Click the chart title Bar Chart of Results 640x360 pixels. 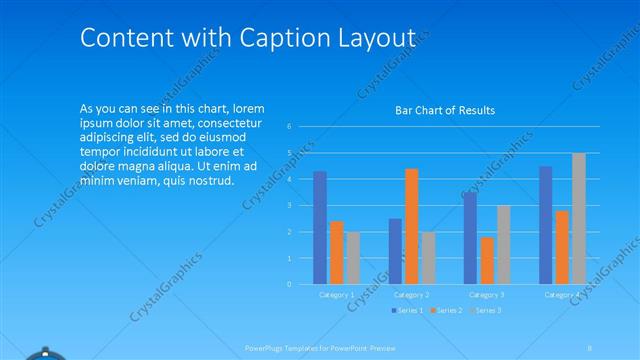click(x=445, y=110)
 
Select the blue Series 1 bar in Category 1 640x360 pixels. click(x=320, y=228)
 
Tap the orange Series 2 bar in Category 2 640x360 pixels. click(x=411, y=226)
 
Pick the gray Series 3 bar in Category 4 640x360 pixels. click(x=578, y=218)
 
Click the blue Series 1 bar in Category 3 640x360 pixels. click(x=470, y=238)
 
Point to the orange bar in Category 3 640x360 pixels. click(x=486, y=260)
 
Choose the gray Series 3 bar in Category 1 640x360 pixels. click(x=353, y=258)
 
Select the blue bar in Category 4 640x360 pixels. click(x=545, y=225)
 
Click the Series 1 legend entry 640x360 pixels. click(x=408, y=311)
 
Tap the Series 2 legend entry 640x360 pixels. click(x=446, y=311)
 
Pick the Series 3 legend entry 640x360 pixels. click(x=485, y=311)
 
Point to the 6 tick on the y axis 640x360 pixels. click(x=289, y=127)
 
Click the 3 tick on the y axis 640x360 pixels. click(x=289, y=205)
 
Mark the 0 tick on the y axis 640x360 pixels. click(x=289, y=284)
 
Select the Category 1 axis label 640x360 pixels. click(x=336, y=295)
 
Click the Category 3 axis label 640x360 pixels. click(x=486, y=295)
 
